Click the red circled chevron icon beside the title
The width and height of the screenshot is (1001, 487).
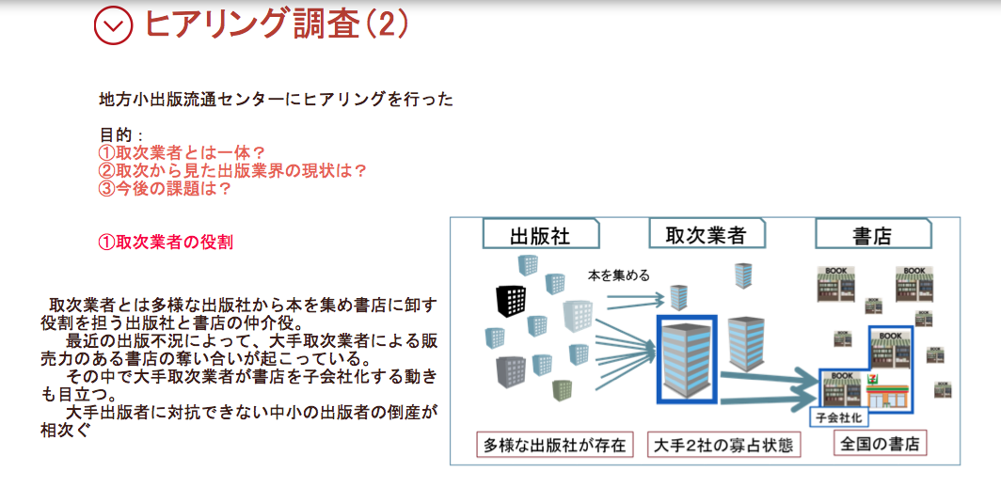click(113, 25)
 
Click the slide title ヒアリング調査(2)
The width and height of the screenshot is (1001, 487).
click(276, 24)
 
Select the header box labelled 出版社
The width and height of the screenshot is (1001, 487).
click(541, 233)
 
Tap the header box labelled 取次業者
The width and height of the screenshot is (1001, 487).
click(706, 233)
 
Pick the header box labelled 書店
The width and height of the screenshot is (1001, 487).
click(873, 233)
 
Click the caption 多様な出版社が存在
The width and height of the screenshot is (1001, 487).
click(555, 445)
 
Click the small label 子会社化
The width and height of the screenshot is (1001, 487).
click(838, 418)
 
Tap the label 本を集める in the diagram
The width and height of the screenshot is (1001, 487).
click(619, 275)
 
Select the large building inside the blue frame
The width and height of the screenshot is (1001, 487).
click(687, 359)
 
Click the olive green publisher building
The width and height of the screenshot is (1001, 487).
click(563, 389)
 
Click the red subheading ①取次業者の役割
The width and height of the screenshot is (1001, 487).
click(166, 242)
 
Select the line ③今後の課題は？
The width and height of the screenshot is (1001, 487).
click(164, 189)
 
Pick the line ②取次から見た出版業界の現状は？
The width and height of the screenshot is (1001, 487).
click(233, 171)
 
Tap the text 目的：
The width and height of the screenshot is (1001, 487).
click(121, 135)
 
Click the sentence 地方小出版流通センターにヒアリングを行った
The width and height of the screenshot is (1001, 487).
click(277, 99)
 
